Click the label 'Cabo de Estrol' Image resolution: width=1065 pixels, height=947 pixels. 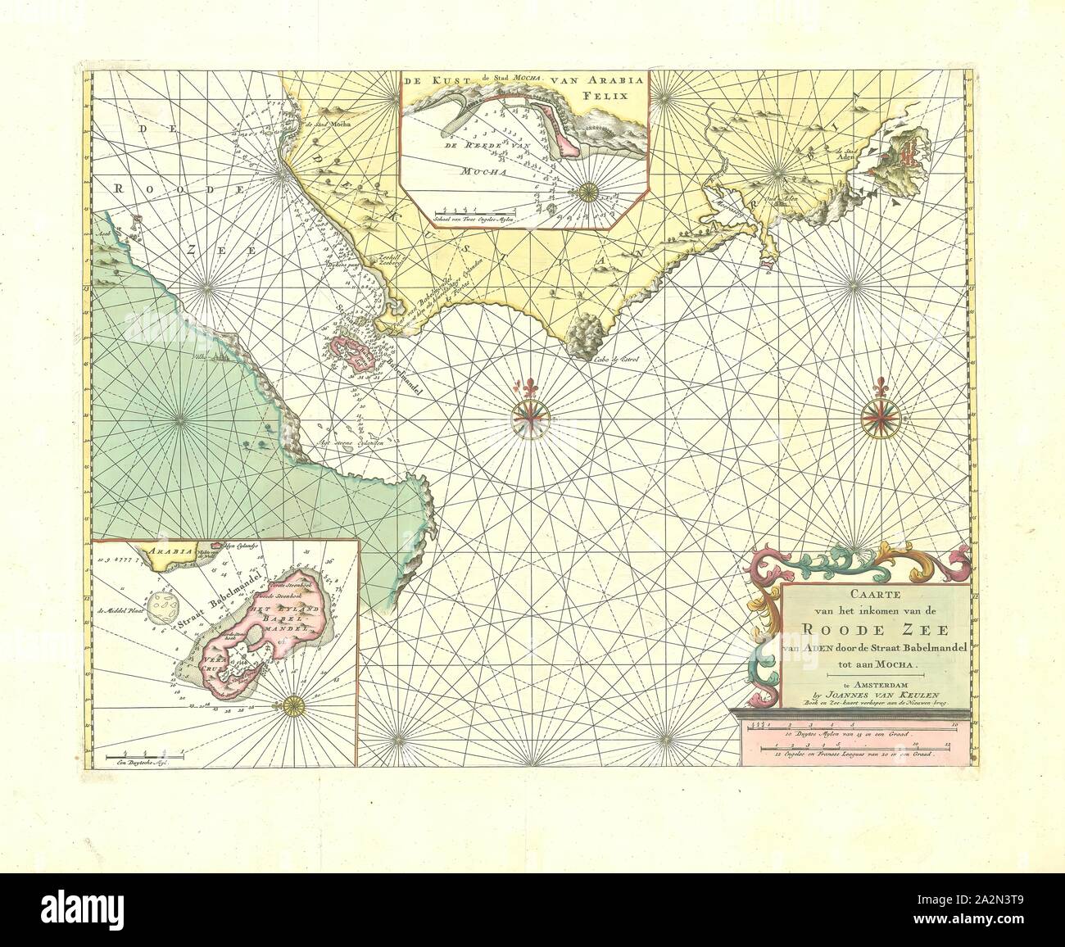(607, 358)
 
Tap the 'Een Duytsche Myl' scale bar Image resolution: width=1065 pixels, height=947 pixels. (148, 751)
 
